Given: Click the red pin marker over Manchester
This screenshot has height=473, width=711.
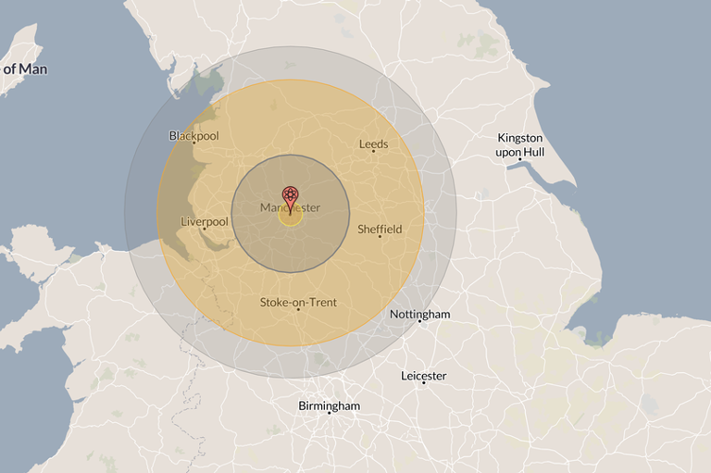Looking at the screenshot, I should (290, 195).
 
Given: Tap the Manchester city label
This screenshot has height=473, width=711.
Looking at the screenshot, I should (290, 208).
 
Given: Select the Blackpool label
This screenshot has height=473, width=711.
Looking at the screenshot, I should (193, 136).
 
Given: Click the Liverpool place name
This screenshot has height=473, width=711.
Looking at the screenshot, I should (205, 222).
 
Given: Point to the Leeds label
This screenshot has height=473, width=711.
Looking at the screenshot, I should (373, 144).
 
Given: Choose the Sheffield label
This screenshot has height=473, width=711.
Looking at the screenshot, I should (380, 229).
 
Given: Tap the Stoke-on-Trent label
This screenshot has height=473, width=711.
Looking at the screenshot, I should (298, 303).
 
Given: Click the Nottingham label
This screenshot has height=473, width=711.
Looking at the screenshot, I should (419, 315).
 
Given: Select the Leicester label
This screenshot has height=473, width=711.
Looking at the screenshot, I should (423, 376).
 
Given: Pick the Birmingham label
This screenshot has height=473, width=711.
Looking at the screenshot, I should (329, 406).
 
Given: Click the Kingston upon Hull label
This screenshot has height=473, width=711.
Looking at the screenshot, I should (519, 143).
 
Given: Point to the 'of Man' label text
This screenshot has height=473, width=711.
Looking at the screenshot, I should (25, 69).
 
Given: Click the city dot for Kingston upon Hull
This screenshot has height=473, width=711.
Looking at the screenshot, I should (520, 160).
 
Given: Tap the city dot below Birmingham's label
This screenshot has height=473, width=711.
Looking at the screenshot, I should (329, 413).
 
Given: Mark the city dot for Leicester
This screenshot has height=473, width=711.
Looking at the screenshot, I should (423, 382).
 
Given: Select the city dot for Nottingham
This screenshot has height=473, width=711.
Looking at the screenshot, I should (419, 321).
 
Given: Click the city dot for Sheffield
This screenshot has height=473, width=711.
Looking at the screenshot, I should (380, 236).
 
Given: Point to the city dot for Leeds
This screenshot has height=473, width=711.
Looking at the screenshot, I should (374, 151).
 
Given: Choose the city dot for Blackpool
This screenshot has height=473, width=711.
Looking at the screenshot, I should (193, 143).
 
